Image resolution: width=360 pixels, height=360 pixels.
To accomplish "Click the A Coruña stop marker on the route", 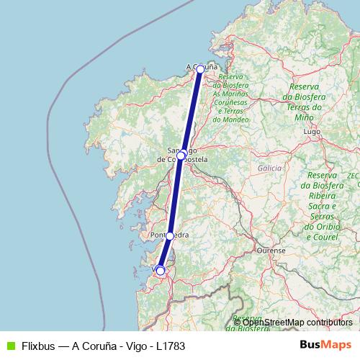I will pyautogui.click(x=200, y=70).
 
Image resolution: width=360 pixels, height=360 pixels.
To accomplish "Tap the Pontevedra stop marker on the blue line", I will pyautogui.click(x=170, y=235).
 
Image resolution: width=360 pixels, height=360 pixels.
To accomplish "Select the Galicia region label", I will pyautogui.click(x=269, y=168).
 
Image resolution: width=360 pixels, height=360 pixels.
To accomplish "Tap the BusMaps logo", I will pyautogui.click(x=325, y=346).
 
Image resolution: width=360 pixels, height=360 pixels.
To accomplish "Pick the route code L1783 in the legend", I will pyautogui.click(x=171, y=346).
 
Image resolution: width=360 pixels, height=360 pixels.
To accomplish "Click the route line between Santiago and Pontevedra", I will pyautogui.click(x=176, y=194).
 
